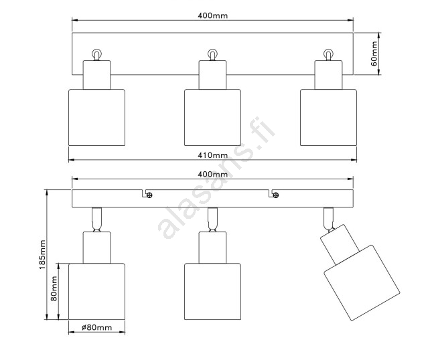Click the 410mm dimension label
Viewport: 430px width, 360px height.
pos(213,155)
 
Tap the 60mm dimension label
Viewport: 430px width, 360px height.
pos(374,54)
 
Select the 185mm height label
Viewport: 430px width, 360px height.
pos(42,254)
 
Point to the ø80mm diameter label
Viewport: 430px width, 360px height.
pos(97,327)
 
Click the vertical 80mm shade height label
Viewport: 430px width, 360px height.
pos(54,288)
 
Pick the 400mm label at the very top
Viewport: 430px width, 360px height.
pos(213,15)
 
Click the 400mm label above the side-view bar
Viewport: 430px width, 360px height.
pos(213,174)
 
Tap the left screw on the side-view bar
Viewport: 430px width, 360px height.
pos(149,195)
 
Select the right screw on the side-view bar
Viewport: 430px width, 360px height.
pos(276,195)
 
